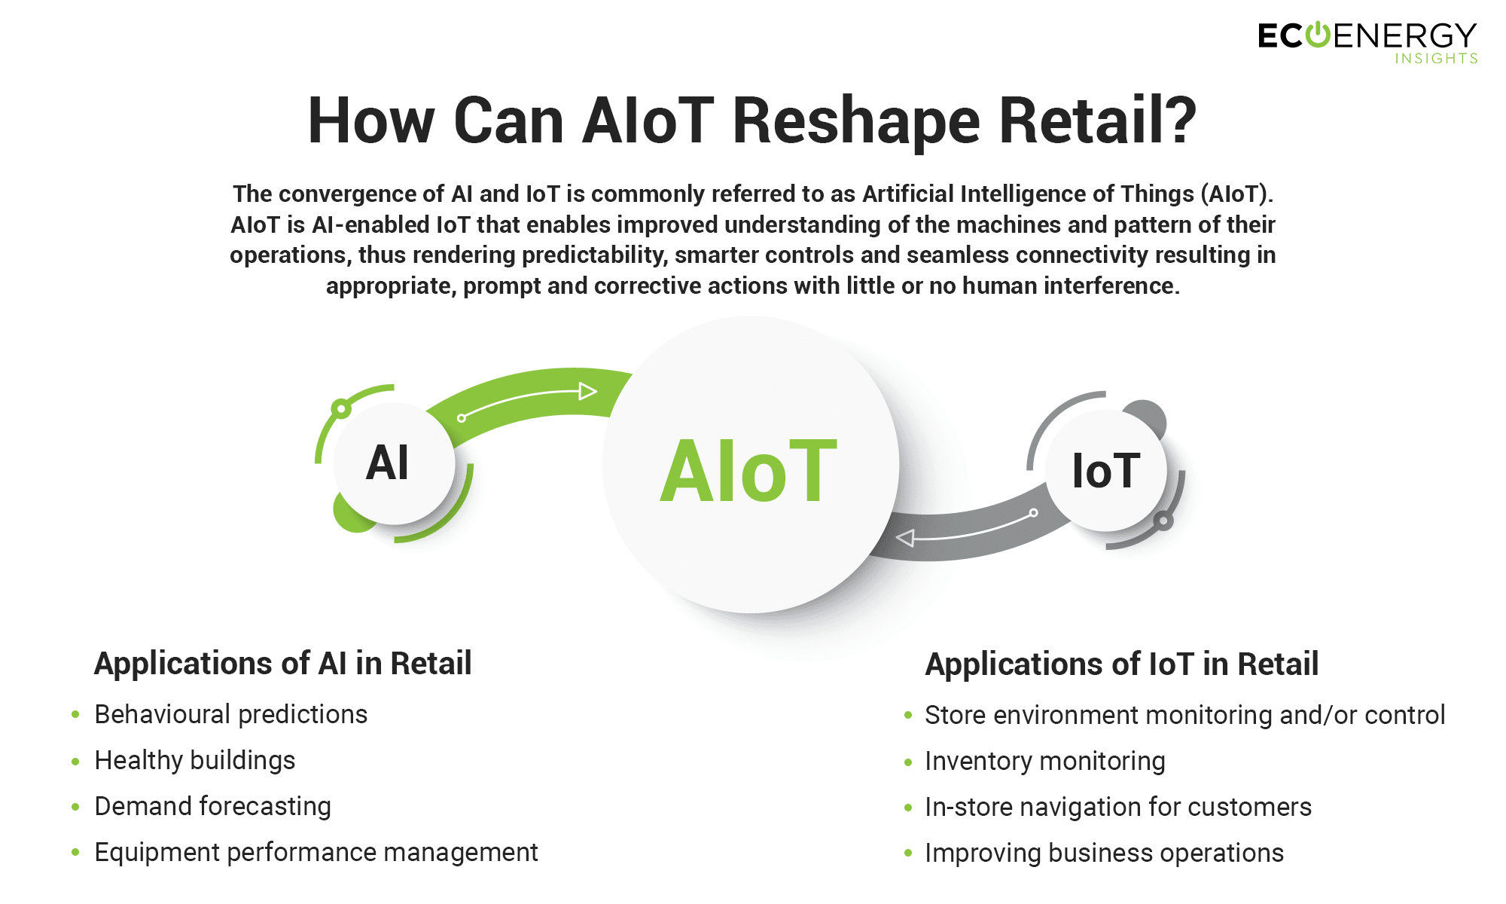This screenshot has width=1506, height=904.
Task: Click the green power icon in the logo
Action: click(x=1317, y=35)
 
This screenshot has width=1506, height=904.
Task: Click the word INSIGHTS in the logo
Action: click(x=1436, y=59)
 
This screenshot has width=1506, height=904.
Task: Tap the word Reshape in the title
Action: click(x=856, y=121)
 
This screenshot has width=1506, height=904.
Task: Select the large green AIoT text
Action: click(x=748, y=472)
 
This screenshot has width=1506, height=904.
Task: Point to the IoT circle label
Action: click(x=1105, y=471)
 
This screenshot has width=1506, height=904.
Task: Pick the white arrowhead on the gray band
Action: click(x=905, y=538)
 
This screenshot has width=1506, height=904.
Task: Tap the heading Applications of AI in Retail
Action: click(x=282, y=663)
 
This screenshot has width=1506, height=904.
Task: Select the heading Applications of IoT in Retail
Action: click(x=1122, y=664)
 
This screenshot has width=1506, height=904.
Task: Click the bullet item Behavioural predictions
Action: click(x=230, y=714)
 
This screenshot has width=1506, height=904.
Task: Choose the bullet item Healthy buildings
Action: click(x=195, y=760)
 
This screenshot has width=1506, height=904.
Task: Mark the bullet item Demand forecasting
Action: click(x=213, y=806)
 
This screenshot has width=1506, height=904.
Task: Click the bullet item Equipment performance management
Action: click(x=316, y=852)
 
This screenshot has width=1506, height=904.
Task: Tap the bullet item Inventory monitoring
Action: click(x=1045, y=761)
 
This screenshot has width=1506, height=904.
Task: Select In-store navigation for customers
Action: click(x=1118, y=807)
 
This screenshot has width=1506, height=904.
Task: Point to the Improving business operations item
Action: click(x=1105, y=853)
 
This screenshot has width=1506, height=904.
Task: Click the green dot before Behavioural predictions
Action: click(x=75, y=714)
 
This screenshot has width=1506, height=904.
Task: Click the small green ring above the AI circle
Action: click(x=341, y=409)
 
